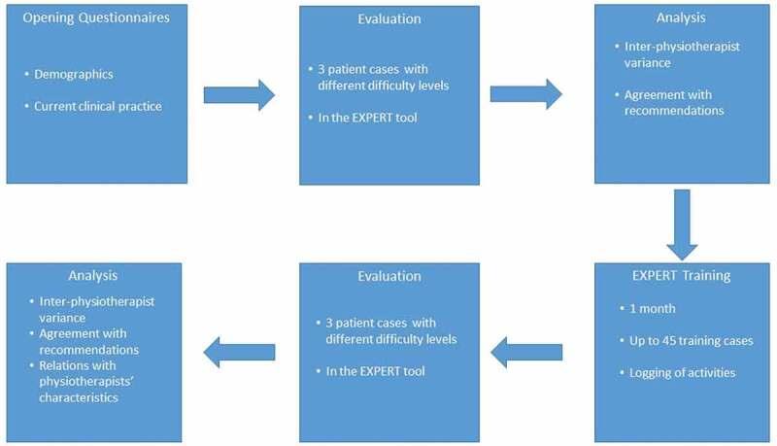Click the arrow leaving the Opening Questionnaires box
point(239,94)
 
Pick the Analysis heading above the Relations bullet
point(93,275)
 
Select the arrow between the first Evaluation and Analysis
point(525,94)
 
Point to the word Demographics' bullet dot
point(29,73)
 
